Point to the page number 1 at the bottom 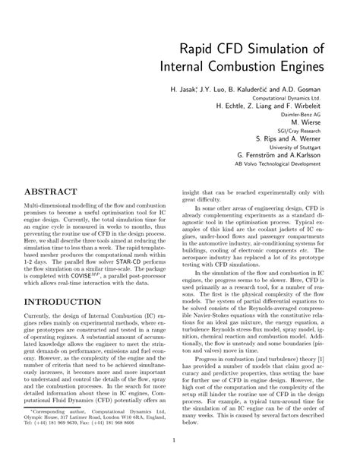tap(174, 439)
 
